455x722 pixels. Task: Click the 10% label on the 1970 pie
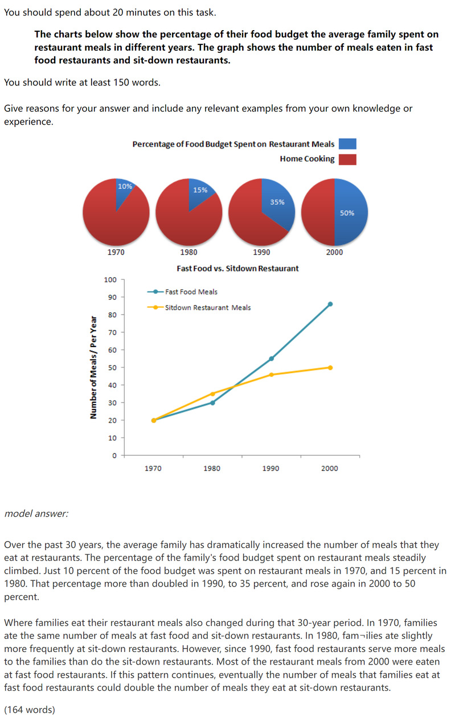pyautogui.click(x=125, y=186)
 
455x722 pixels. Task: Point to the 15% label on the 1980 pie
pyautogui.click(x=200, y=190)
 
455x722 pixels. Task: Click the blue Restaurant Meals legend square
pyautogui.click(x=347, y=144)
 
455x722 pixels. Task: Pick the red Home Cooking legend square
pyautogui.click(x=347, y=159)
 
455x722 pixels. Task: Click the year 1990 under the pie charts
pyautogui.click(x=261, y=252)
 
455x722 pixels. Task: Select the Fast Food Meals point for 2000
pyautogui.click(x=330, y=304)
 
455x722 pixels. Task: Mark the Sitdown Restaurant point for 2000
pyautogui.click(x=330, y=368)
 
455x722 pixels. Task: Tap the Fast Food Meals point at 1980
pyautogui.click(x=212, y=403)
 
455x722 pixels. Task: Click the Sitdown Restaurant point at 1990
pyautogui.click(x=271, y=374)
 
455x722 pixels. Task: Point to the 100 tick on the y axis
pyautogui.click(x=110, y=280)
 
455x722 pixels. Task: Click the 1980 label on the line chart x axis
pyautogui.click(x=212, y=468)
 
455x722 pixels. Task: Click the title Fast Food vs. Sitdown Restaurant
pyautogui.click(x=237, y=268)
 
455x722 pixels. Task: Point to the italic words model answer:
pyautogui.click(x=36, y=514)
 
